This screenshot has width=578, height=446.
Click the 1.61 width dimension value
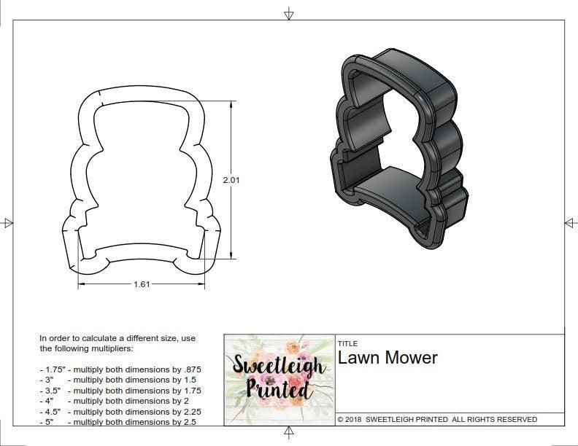(142, 284)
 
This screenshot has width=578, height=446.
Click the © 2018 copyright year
(350, 420)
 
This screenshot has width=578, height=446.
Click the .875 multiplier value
(193, 369)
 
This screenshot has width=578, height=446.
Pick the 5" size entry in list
(48, 422)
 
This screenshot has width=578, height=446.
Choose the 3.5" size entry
(50, 391)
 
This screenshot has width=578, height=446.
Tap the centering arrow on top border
(289, 13)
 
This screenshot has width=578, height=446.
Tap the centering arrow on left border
(7, 222)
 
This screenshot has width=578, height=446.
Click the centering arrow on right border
(571, 222)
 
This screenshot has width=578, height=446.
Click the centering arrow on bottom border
(289, 434)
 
